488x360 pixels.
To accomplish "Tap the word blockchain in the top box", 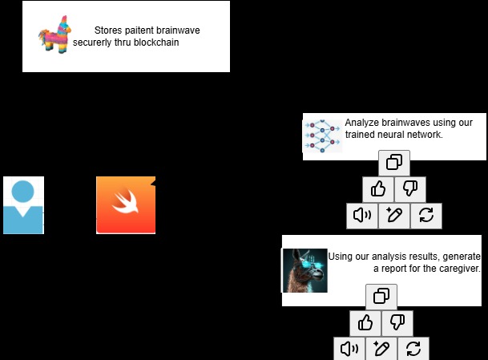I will coord(154,42).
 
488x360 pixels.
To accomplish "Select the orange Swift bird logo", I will coord(126,205).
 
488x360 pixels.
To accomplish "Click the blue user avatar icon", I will coord(23,205).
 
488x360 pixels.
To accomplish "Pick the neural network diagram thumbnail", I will coord(322,136).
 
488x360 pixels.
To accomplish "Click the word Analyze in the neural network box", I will coord(362,123).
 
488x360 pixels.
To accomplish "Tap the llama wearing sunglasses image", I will coord(305,270).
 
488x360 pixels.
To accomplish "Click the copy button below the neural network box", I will coord(394,163).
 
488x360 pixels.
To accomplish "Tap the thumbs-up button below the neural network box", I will coord(377,189).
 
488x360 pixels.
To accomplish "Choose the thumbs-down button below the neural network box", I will coord(409,189).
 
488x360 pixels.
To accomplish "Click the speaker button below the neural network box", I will coord(362,215).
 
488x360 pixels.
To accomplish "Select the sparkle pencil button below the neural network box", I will coord(394,215).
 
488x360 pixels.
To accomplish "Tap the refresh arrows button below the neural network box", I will coord(425,215).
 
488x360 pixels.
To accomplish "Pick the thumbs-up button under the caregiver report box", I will coord(365,323).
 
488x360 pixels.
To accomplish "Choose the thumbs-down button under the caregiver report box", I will coord(397,323).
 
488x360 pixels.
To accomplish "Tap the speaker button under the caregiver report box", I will coord(349,349).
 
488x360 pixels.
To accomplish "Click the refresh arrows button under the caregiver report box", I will coord(413,349).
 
